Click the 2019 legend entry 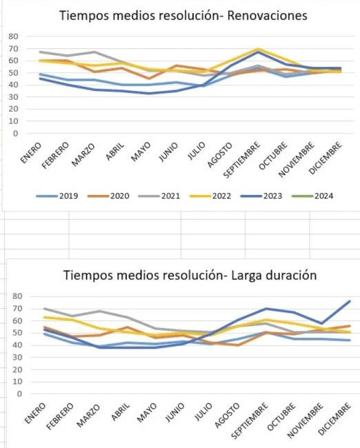tap(57, 196)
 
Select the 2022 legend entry tap(210, 196)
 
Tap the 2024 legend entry tap(312, 196)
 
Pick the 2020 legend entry tap(108, 196)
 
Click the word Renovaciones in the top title tap(268, 15)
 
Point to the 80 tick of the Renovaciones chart tap(13, 37)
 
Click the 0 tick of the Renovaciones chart tap(15, 134)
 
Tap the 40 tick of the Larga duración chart tap(17, 345)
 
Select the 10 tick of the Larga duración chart tap(17, 382)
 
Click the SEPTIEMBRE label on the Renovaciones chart tap(241, 160)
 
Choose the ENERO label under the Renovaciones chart tap(31, 153)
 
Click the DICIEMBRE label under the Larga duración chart tap(334, 419)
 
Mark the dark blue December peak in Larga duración tap(350, 301)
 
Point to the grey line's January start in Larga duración tap(44, 309)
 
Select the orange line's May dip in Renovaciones tap(149, 79)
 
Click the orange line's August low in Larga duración tap(238, 345)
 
